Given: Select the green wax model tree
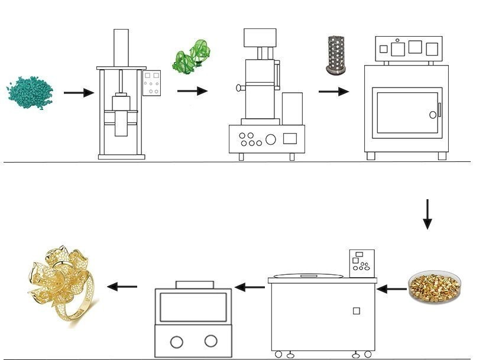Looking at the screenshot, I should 191,56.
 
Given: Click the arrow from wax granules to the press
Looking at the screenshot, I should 79,93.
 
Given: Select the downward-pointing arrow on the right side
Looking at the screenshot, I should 427,214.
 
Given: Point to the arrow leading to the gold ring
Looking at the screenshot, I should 122,287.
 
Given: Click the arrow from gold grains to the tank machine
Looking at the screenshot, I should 391,289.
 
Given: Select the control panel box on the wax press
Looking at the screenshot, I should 151,83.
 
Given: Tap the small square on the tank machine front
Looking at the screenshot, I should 356,310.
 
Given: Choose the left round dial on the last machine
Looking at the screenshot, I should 176,341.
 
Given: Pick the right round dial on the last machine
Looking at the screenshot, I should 211,340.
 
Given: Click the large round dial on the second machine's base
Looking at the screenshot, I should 270,140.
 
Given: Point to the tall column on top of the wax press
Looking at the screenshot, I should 121,47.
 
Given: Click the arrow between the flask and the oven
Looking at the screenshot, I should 333,92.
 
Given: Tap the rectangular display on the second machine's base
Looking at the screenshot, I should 290,138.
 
